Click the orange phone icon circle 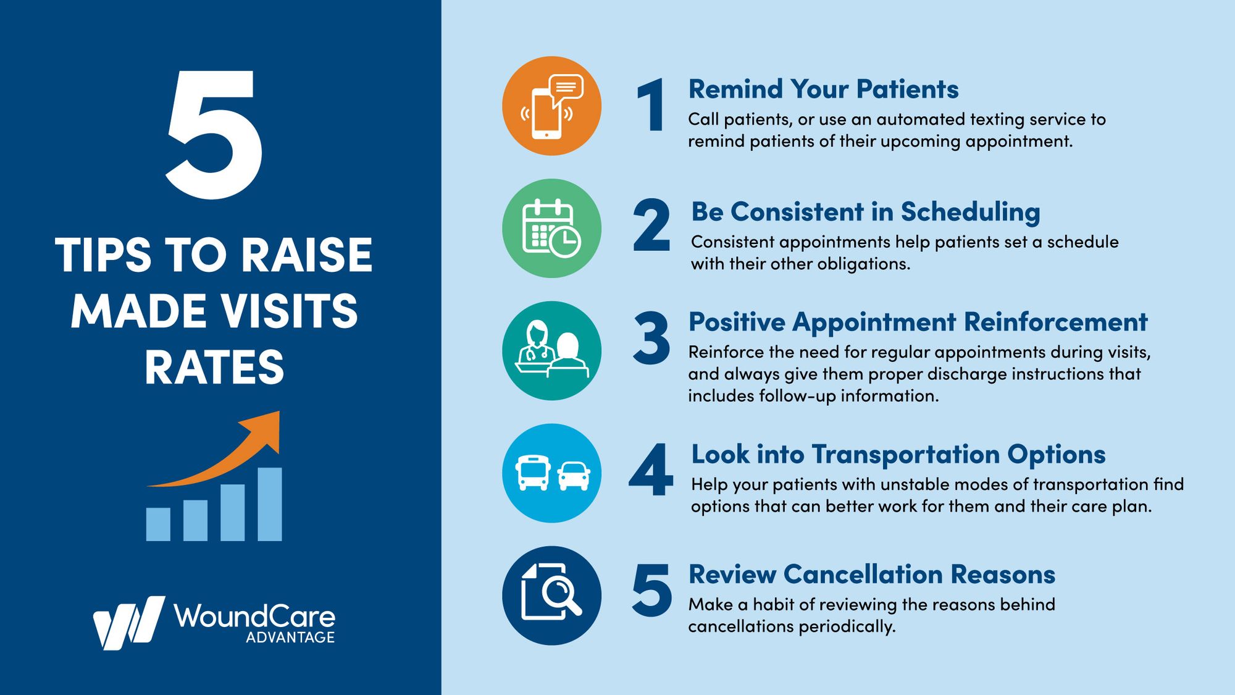coord(551,106)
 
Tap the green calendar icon coord(551,228)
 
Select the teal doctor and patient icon coord(551,351)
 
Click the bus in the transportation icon coord(533,473)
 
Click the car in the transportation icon coord(574,476)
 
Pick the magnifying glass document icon coord(551,596)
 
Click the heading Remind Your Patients coord(823,90)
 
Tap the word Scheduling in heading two coord(970,212)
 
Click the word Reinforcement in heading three coord(1055,322)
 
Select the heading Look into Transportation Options coord(898,454)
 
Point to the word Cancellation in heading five coord(863,575)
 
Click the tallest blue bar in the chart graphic coord(269,505)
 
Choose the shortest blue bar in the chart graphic coord(158,524)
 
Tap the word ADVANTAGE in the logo coord(290,638)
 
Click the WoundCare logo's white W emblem coord(128,622)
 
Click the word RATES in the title coord(214,368)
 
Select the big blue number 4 coord(651,470)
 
